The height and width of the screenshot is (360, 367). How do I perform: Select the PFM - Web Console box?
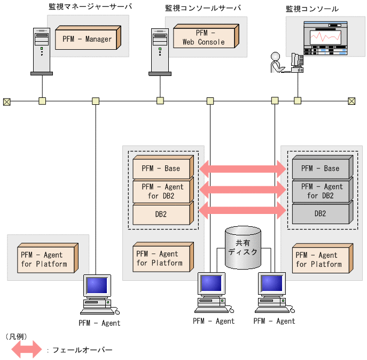(204, 37)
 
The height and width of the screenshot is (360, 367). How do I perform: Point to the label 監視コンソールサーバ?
(203, 8)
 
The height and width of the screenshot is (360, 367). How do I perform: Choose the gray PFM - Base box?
(321, 168)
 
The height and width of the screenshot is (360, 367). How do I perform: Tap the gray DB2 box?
(321, 213)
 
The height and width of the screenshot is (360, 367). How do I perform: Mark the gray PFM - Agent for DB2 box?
(321, 191)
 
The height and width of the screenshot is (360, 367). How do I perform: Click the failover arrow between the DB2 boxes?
(243, 210)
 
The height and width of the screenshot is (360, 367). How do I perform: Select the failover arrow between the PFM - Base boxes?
(243, 170)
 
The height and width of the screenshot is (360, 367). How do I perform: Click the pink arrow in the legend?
(26, 350)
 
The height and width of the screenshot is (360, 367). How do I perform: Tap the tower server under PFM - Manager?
(41, 51)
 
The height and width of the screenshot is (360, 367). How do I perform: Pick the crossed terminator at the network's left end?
(7, 101)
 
